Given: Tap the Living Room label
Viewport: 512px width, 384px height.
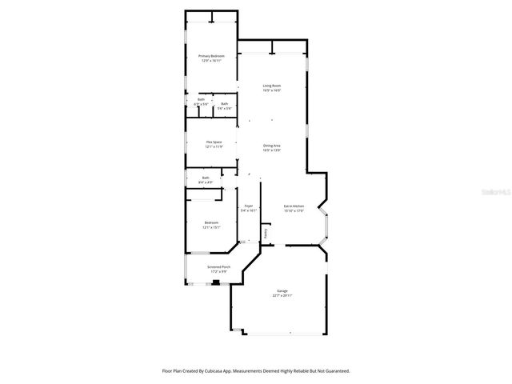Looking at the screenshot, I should (x=272, y=86).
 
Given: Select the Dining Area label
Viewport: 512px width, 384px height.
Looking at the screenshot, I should (x=272, y=146).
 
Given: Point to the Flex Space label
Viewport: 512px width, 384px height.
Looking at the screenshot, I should (x=214, y=142).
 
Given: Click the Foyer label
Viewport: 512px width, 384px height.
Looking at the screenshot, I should (x=249, y=206).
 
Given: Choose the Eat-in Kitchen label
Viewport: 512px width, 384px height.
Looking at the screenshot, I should (x=294, y=206).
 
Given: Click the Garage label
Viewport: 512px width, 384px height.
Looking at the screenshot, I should (x=282, y=290).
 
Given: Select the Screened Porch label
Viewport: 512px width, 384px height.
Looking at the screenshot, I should (x=218, y=266).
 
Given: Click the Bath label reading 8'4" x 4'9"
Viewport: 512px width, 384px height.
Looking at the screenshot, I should (x=206, y=178).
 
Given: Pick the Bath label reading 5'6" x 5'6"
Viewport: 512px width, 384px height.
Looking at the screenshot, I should (x=225, y=103).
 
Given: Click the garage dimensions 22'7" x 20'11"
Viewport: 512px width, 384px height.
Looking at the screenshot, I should (x=282, y=296).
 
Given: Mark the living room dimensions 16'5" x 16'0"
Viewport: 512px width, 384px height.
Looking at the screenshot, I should (x=272, y=90).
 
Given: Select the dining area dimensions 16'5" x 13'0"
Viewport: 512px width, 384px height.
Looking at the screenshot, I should (x=272, y=150).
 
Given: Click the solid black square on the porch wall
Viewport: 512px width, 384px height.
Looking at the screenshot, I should (x=215, y=282).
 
